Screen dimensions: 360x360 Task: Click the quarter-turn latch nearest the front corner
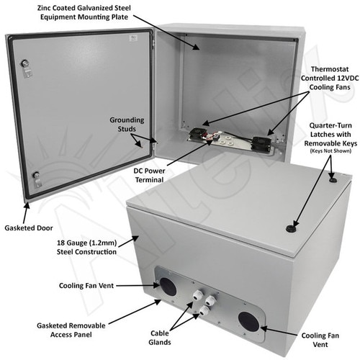pos(291,228)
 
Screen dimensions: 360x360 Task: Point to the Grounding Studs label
pos(127,125)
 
